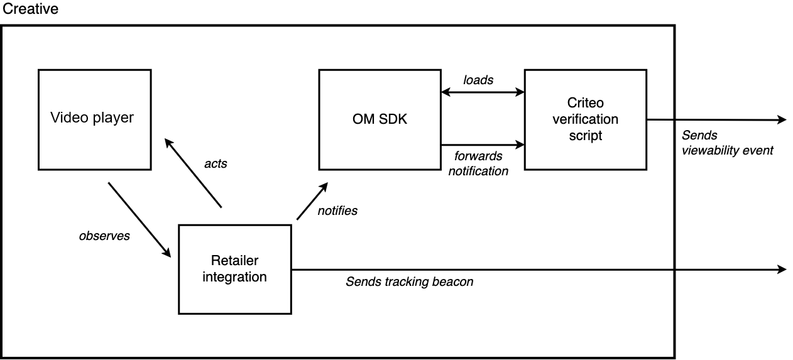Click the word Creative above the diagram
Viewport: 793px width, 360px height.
coord(30,9)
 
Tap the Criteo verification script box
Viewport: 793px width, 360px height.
coord(585,119)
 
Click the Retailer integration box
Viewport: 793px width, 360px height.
coord(235,269)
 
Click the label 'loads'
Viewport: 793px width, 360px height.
coord(478,80)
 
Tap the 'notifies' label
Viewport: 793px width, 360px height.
coord(337,211)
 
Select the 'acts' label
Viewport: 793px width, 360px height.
coord(216,164)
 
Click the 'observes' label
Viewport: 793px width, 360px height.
coord(104,236)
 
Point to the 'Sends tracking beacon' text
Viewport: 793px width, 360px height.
coord(409,281)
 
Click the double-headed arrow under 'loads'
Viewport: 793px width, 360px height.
coord(483,92)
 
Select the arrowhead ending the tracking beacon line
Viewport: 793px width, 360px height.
coord(782,270)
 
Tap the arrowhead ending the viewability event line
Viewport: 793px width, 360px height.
coord(782,119)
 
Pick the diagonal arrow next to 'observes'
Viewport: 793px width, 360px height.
coord(139,220)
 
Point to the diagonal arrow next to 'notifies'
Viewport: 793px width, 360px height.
coord(312,201)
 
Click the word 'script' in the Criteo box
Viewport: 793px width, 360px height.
coord(585,134)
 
